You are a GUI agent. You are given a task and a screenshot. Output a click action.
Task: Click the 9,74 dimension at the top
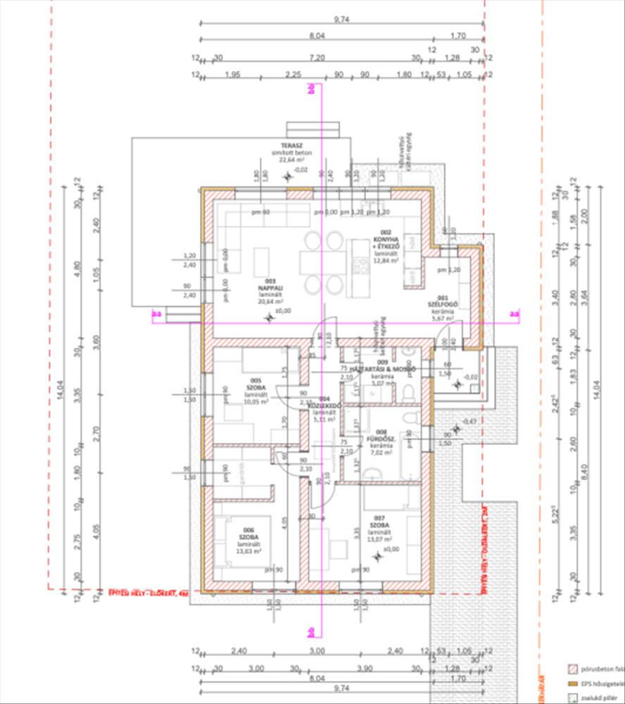pos(342,20)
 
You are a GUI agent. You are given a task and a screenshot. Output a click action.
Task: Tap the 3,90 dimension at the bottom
pos(365,668)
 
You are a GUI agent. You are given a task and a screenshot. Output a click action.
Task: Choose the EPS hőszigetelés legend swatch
pos(573,683)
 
